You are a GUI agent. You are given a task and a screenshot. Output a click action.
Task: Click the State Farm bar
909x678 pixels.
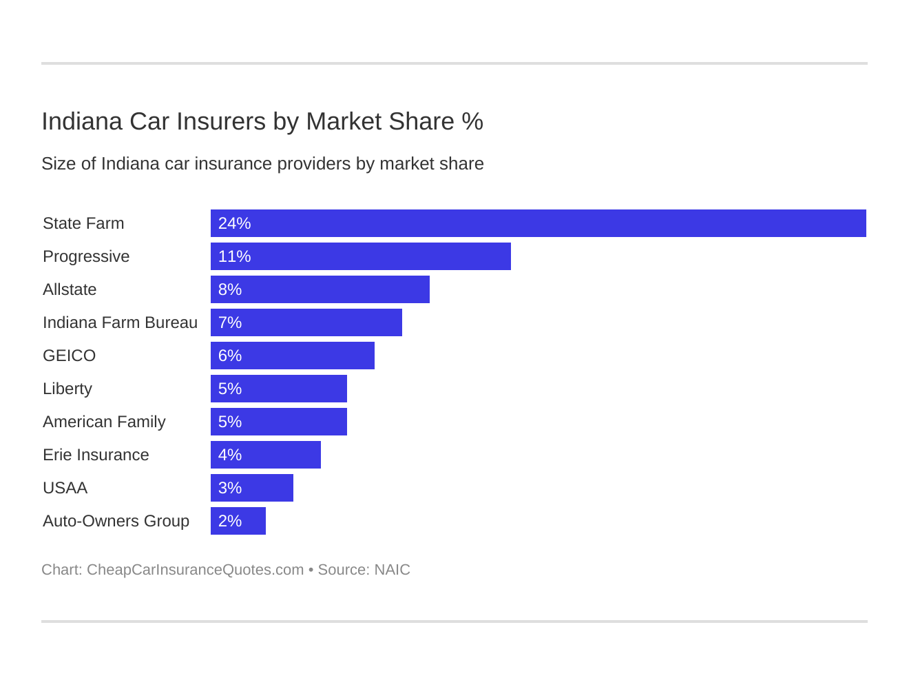click(x=538, y=223)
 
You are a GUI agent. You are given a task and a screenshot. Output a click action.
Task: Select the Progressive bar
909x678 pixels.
click(x=360, y=256)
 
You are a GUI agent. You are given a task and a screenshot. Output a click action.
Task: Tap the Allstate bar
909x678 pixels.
click(x=320, y=289)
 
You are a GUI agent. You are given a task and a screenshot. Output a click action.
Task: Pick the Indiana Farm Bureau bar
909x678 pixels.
click(x=306, y=322)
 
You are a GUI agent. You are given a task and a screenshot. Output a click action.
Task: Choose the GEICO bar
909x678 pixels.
click(x=292, y=356)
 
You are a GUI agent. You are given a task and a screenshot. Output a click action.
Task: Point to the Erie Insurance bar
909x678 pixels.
click(x=265, y=455)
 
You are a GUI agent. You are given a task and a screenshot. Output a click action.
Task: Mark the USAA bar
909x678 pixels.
click(x=251, y=488)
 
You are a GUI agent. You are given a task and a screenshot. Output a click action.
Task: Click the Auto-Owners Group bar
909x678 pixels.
click(x=238, y=521)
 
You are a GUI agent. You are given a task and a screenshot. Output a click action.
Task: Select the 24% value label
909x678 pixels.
click(x=234, y=223)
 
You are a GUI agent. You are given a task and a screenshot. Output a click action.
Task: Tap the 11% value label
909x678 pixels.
click(x=234, y=256)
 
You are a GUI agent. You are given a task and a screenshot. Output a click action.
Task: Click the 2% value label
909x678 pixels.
click(x=230, y=521)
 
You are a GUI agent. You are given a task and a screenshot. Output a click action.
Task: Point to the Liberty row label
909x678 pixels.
click(x=67, y=389)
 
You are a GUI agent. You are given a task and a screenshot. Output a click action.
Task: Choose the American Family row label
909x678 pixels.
click(x=104, y=422)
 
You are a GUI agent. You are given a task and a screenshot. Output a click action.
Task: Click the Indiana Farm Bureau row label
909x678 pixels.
click(x=120, y=322)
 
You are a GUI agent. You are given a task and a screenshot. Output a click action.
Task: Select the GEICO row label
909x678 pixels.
click(x=69, y=356)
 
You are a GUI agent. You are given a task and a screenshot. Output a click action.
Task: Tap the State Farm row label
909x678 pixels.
click(x=83, y=223)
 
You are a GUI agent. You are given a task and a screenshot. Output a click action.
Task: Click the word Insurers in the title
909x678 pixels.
click(x=221, y=121)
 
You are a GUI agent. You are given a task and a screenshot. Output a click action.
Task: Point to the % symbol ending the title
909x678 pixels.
click(x=472, y=121)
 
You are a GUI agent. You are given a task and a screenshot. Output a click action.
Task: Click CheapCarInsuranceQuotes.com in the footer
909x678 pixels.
click(x=195, y=570)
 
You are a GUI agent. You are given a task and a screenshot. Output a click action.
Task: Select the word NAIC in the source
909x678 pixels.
click(x=392, y=570)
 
